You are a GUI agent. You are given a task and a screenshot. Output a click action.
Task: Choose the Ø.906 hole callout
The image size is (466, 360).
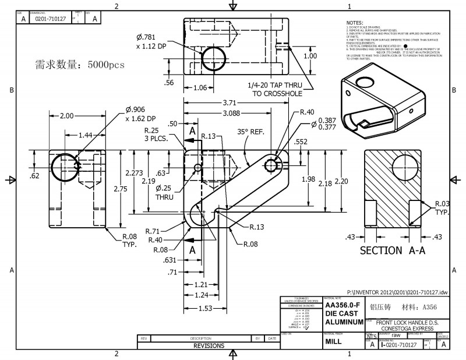(x=136, y=110)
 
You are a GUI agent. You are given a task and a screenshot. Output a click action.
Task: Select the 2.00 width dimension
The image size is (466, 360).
(x=66, y=115)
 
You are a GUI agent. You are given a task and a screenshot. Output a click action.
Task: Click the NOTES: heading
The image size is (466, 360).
(x=354, y=22)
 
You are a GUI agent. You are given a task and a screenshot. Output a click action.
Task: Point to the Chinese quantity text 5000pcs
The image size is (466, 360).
(x=80, y=65)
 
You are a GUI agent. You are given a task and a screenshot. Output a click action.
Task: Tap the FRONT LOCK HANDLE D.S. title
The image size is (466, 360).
(x=408, y=322)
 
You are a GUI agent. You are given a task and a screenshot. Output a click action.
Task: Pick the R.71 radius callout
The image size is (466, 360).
(x=153, y=230)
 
